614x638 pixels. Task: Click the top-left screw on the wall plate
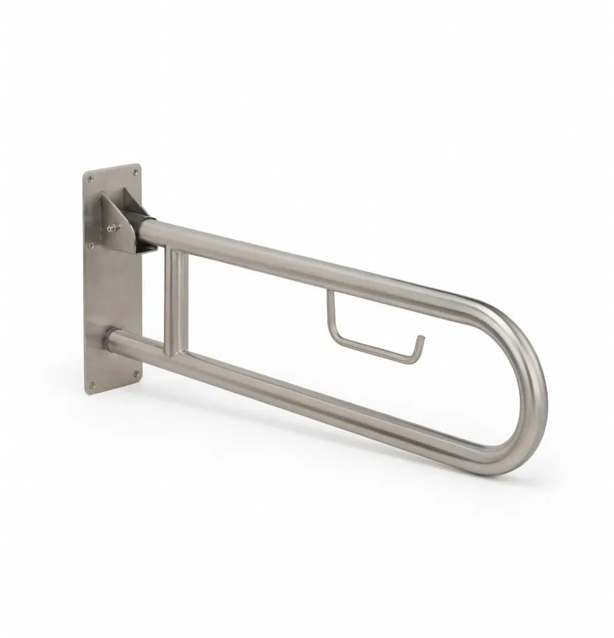click(91, 179)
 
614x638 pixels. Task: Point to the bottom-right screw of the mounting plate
click(136, 373)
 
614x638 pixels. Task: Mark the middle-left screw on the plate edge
click(89, 245)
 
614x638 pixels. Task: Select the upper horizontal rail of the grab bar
click(314, 265)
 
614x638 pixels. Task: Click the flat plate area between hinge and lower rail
click(115, 293)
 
